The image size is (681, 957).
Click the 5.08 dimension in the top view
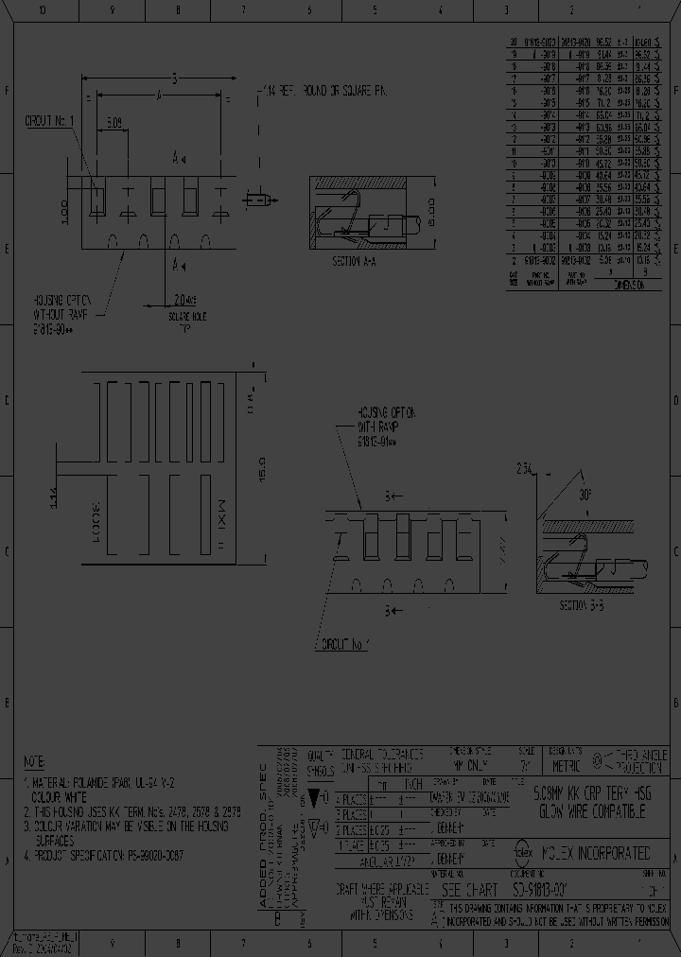click(x=113, y=123)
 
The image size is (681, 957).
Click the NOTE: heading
click(x=33, y=761)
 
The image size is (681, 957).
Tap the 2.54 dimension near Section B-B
click(x=525, y=468)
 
